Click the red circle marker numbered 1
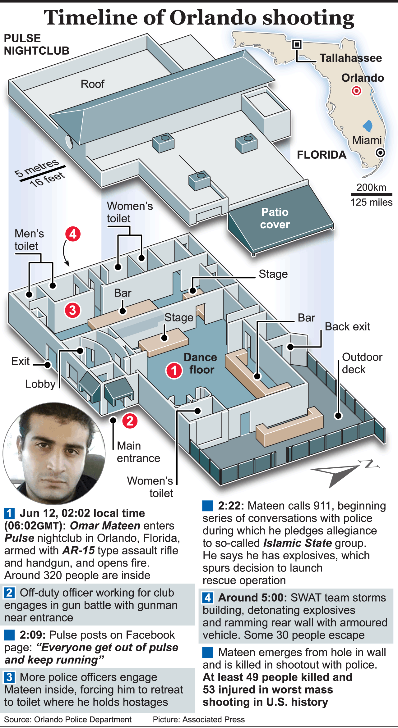174,371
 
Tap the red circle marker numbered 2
130,421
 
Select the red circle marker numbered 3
72,310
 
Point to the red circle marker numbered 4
73,234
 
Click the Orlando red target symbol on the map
356,91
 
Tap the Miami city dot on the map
380,152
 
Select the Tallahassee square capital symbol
297,44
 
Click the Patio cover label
275,218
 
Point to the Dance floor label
201,363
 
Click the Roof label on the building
92,84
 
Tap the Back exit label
347,326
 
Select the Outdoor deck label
362,363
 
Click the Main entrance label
138,452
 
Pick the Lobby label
40,384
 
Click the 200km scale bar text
371,187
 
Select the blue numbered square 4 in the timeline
208,597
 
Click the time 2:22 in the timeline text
231,506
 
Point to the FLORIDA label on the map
322,155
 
